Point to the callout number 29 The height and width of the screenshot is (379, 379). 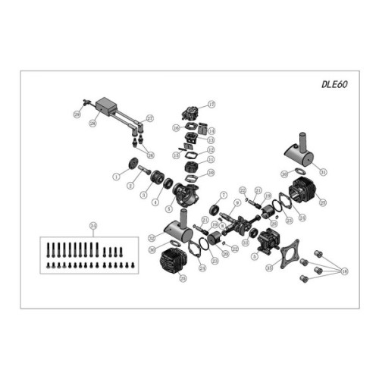(x=77, y=114)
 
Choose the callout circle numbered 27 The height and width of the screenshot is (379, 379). (x=150, y=117)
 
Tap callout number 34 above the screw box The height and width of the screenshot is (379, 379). (x=94, y=224)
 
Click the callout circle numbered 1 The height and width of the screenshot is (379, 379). (x=116, y=175)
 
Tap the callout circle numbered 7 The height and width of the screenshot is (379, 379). (x=224, y=195)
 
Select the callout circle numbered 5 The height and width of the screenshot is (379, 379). (x=254, y=255)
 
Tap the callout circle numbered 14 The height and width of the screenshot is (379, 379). (x=212, y=130)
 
